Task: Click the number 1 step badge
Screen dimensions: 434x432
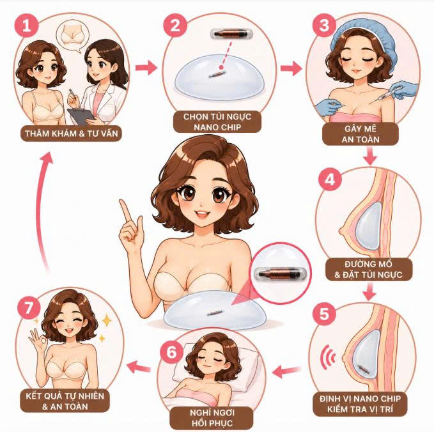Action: point(27,26)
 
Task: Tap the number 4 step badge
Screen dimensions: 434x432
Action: point(330,179)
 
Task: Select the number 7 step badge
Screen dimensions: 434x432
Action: point(29,307)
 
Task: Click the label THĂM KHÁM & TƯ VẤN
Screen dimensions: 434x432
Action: point(72,134)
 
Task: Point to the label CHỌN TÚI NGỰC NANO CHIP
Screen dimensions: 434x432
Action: point(217,122)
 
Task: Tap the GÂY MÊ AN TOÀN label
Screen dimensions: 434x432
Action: point(360,134)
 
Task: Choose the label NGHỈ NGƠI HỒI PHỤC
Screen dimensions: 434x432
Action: point(212,418)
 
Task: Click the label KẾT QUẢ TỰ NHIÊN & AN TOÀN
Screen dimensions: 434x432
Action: point(65,401)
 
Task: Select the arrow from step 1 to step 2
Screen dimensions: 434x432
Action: point(146,68)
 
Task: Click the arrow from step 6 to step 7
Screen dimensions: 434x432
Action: point(139,367)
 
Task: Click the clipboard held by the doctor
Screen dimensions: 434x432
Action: point(81,116)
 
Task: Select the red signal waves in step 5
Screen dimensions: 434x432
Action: point(328,358)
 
